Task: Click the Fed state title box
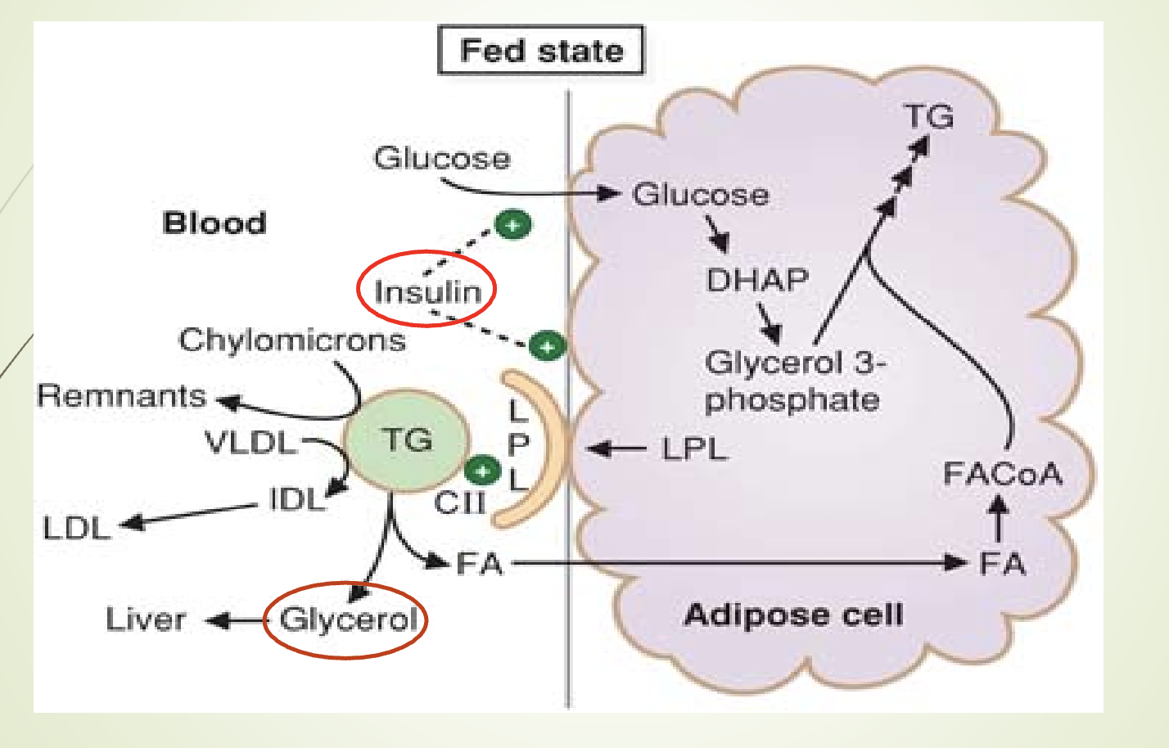click(x=541, y=51)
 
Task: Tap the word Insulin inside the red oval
click(x=427, y=291)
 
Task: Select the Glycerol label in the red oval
click(x=349, y=620)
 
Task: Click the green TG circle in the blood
click(x=407, y=440)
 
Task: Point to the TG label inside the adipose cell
click(x=929, y=116)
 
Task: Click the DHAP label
click(x=757, y=281)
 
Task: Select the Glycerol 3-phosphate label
click(x=793, y=381)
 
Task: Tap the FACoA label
click(x=1002, y=474)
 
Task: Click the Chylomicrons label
click(x=292, y=340)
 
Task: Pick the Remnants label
click(x=121, y=396)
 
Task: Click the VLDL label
click(x=250, y=443)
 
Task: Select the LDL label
click(x=76, y=528)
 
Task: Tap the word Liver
click(x=146, y=620)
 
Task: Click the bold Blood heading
click(x=214, y=223)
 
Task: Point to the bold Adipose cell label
click(x=793, y=615)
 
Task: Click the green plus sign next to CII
click(x=482, y=471)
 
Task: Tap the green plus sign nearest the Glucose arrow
click(x=513, y=223)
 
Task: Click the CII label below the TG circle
click(x=459, y=502)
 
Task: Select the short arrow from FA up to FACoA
click(x=998, y=519)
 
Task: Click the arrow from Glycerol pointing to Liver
click(x=236, y=621)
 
